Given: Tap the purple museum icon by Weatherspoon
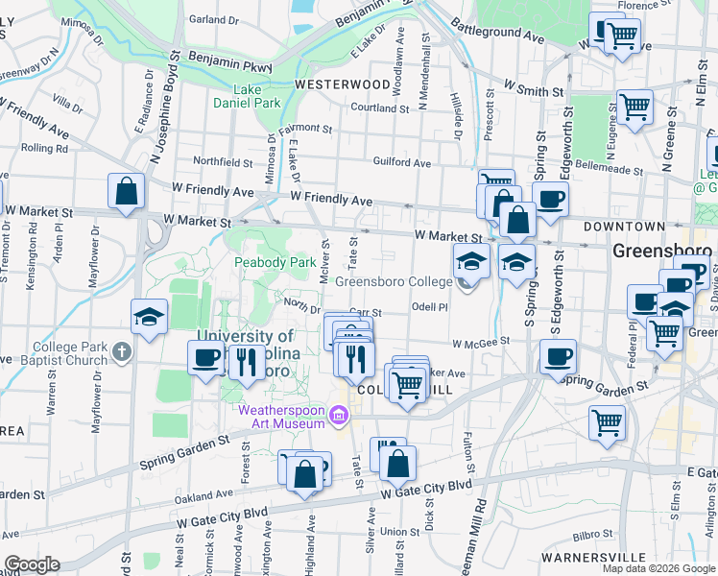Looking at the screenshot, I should tap(338, 416).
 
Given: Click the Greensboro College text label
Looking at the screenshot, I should tap(394, 282).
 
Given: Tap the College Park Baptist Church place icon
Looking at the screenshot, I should tap(121, 352).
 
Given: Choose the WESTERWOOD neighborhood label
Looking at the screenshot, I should tap(343, 84).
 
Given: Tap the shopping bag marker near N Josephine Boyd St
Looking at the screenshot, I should tap(126, 191).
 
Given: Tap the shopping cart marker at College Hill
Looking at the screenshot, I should tap(408, 384).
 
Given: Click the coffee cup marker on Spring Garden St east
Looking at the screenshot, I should tap(557, 357).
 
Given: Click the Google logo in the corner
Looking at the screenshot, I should tap(32, 564).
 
